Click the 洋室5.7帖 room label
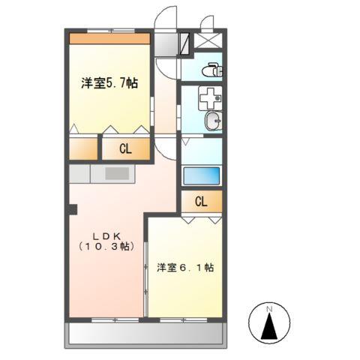(109, 84)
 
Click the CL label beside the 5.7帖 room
(125, 149)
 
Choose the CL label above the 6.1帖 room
(202, 202)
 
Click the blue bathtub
(202, 176)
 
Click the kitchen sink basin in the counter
(117, 174)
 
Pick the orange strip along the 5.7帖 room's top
(110, 38)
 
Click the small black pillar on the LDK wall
(72, 208)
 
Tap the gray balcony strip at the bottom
(146, 334)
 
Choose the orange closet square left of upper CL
(83, 148)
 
